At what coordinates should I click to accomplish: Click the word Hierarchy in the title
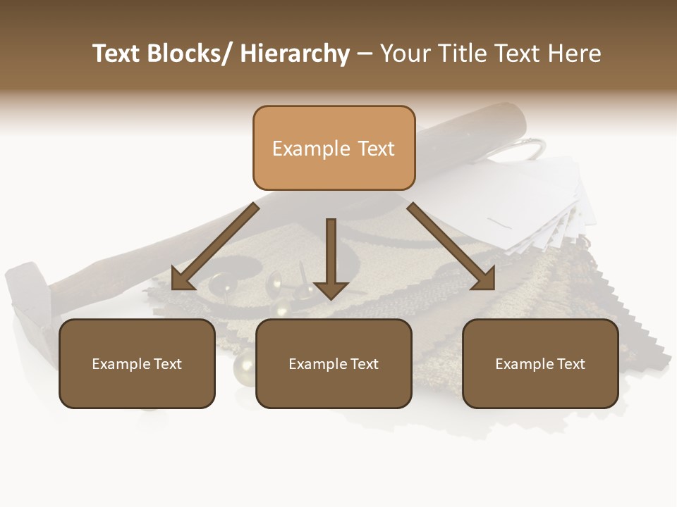pos(295,54)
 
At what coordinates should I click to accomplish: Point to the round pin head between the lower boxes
pos(244,365)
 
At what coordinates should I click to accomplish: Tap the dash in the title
pos(365,54)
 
